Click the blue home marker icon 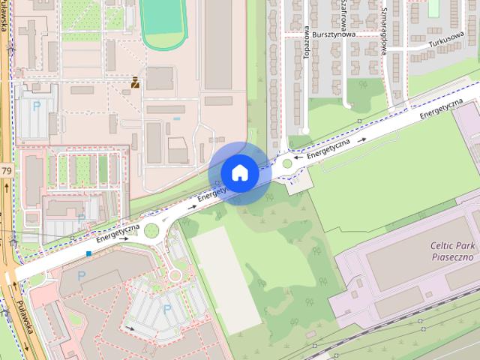coord(239,172)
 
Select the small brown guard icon coord(135,82)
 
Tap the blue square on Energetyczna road coord(88,253)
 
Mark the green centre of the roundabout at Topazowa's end coord(288,163)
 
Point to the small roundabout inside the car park coord(175,275)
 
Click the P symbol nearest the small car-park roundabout coord(167,308)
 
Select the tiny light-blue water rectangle coord(177,118)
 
